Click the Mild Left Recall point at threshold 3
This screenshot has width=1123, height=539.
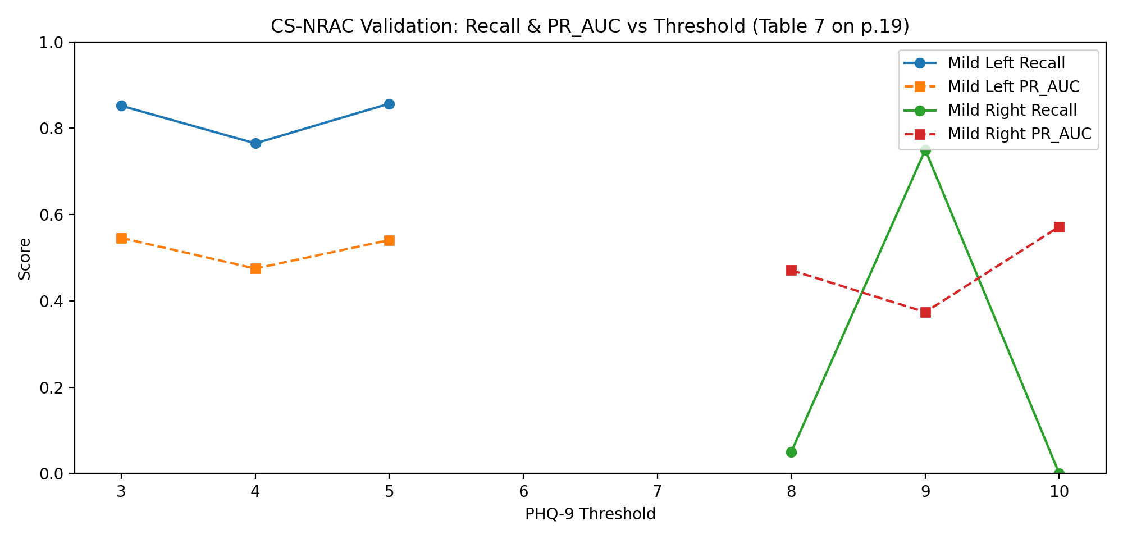pos(121,106)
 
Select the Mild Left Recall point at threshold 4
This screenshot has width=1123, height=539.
pos(255,143)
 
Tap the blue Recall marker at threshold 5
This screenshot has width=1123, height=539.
pos(389,104)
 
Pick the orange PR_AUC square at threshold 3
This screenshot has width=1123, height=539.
pos(121,238)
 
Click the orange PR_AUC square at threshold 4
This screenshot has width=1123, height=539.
pos(255,268)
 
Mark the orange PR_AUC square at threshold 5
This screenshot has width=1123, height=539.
pos(389,240)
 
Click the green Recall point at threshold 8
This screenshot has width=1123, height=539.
pos(791,452)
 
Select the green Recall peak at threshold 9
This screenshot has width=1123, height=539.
pos(925,150)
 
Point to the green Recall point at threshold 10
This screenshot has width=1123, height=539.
pos(1059,473)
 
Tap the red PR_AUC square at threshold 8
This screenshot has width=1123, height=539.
pos(791,270)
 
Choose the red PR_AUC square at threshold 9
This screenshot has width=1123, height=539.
pos(925,312)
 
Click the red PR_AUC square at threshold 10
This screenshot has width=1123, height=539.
pos(1059,227)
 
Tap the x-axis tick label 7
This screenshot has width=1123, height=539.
pos(657,492)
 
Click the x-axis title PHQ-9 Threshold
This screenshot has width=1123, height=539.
pos(590,514)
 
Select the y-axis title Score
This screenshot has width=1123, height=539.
pos(24,259)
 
